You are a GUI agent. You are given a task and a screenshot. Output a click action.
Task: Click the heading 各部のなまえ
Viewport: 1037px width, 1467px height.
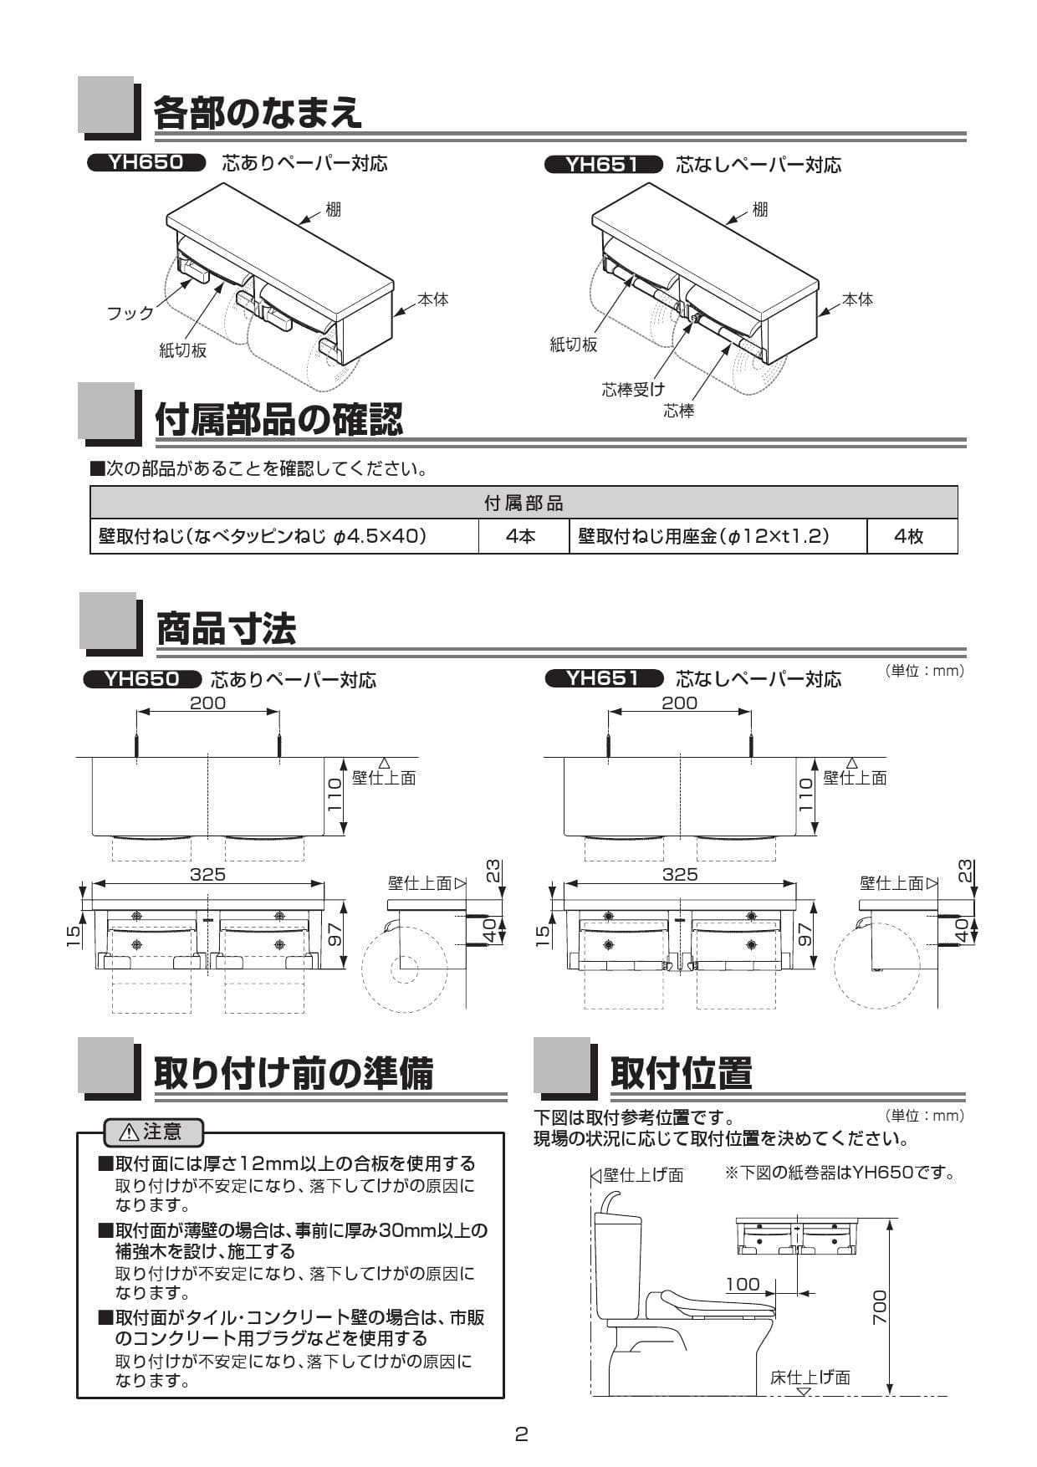(x=258, y=112)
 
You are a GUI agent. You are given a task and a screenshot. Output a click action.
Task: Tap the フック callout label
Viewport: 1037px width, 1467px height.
(x=130, y=313)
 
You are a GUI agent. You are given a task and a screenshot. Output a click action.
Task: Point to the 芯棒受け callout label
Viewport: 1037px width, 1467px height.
(x=633, y=389)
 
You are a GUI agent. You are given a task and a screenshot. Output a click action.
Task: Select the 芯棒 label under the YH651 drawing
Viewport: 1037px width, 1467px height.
(x=678, y=411)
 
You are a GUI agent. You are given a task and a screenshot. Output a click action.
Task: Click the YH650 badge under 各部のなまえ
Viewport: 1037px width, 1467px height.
(x=146, y=162)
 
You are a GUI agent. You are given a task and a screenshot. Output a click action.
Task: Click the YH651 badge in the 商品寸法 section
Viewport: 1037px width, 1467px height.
(x=603, y=678)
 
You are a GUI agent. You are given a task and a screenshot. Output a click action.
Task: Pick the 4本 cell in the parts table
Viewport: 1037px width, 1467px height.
(x=521, y=536)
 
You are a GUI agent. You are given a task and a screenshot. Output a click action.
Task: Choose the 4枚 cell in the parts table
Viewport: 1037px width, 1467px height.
(x=909, y=536)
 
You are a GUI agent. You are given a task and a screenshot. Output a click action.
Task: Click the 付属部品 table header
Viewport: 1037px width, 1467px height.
(x=524, y=503)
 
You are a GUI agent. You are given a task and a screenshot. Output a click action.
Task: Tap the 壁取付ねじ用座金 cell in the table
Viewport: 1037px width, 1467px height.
(x=704, y=536)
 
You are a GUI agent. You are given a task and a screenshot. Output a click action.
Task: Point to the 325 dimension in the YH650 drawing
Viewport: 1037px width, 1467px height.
(x=207, y=874)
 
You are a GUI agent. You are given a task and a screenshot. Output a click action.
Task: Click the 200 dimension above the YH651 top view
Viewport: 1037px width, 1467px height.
(x=679, y=703)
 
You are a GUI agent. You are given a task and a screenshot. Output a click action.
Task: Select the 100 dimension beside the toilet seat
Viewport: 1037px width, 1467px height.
(x=743, y=1284)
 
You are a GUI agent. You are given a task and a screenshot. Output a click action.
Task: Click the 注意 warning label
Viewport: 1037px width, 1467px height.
(x=152, y=1132)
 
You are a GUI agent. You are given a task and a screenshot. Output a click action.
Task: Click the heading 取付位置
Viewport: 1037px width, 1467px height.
(x=681, y=1072)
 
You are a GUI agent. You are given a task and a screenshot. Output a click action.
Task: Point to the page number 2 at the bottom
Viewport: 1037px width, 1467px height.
(x=521, y=1434)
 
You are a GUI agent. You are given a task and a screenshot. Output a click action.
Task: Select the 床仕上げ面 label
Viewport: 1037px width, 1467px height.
(x=810, y=1378)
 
